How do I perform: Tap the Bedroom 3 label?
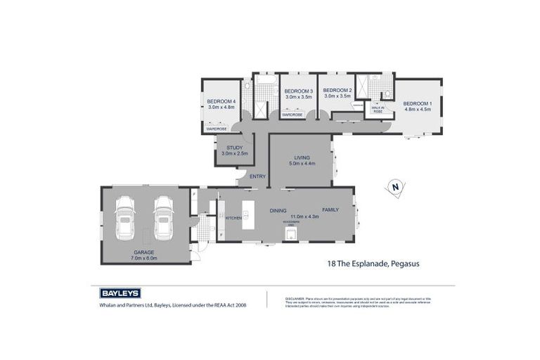(x=298, y=91)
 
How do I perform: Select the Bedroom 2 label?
(x=337, y=91)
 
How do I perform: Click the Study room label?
(x=234, y=148)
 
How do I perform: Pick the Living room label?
(x=302, y=157)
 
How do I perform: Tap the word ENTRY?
(x=257, y=176)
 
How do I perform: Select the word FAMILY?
(x=330, y=210)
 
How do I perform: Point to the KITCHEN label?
(x=233, y=218)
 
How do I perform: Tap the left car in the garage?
(x=125, y=217)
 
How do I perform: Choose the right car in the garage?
(x=164, y=217)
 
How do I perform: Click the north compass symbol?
(x=395, y=188)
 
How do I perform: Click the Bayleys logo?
(x=116, y=293)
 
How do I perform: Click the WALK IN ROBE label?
(x=378, y=109)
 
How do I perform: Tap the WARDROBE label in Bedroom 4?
(x=217, y=129)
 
